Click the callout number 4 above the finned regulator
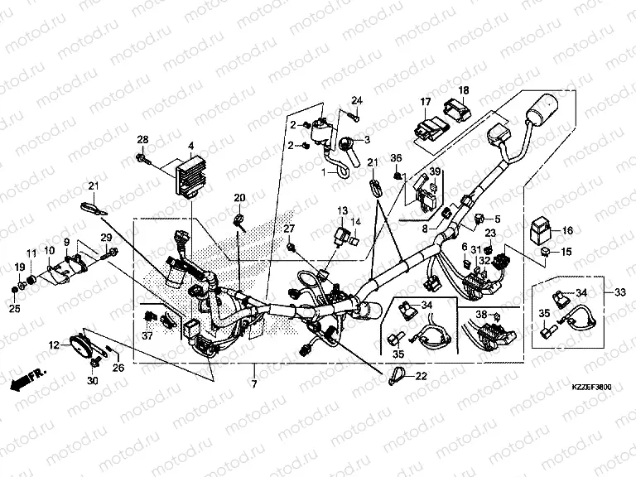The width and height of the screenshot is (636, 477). [190, 147]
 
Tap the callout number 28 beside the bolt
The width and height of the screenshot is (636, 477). [142, 138]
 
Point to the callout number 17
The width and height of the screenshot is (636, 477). [425, 103]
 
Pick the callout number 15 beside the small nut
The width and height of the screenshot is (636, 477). [567, 252]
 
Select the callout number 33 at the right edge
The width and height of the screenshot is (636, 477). [619, 291]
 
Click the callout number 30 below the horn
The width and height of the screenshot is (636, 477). [92, 380]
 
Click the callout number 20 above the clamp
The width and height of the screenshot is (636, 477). [239, 198]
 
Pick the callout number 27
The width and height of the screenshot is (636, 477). [290, 229]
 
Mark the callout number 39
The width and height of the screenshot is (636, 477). [431, 171]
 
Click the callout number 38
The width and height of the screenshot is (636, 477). [480, 315]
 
